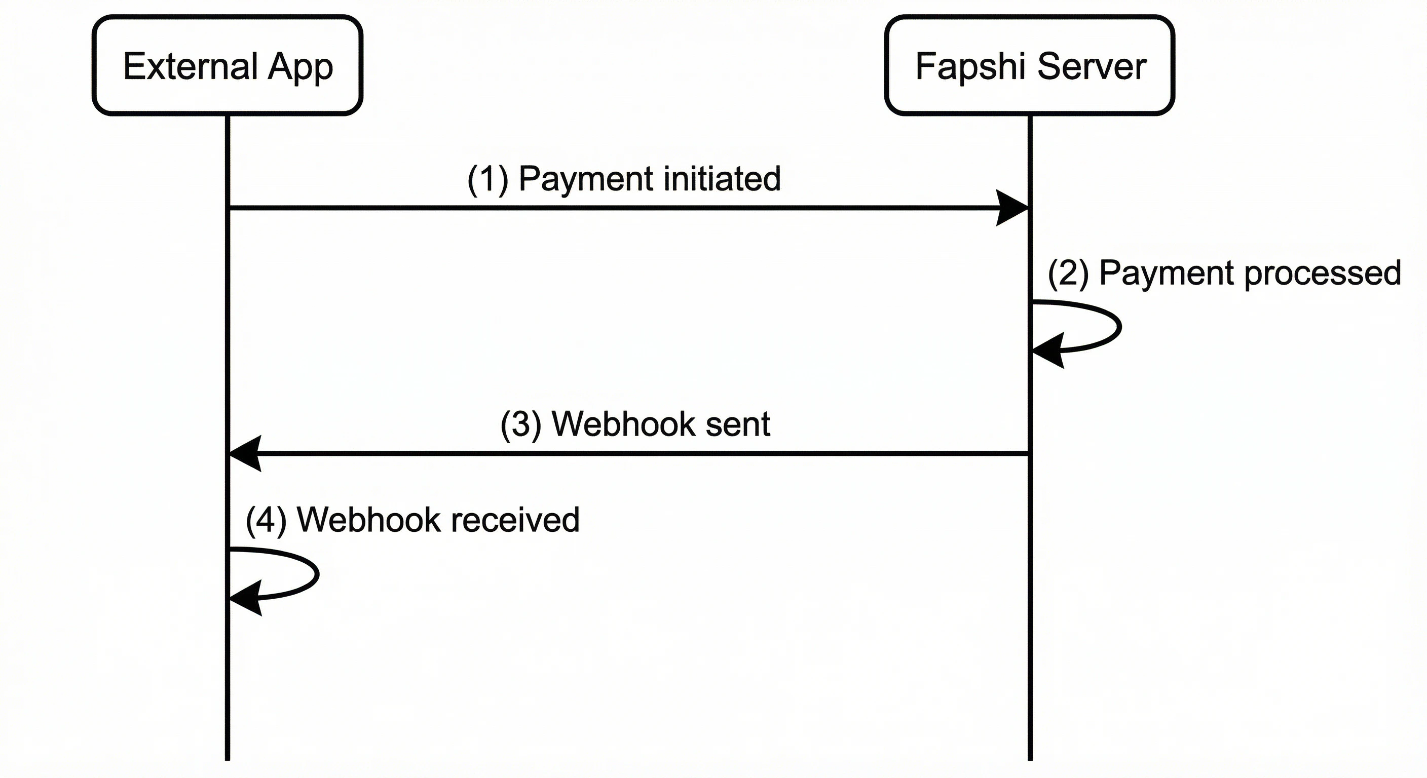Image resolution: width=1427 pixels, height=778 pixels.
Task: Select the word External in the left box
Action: click(189, 66)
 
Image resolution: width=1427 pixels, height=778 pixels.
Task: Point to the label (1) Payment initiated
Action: click(624, 179)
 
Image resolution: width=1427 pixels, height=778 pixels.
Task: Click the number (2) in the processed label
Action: click(1068, 273)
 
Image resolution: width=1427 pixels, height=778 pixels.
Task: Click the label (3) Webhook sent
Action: click(635, 424)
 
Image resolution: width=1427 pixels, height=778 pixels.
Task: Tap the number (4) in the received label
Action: click(266, 521)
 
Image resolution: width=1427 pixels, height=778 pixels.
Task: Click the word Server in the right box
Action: click(1092, 66)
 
